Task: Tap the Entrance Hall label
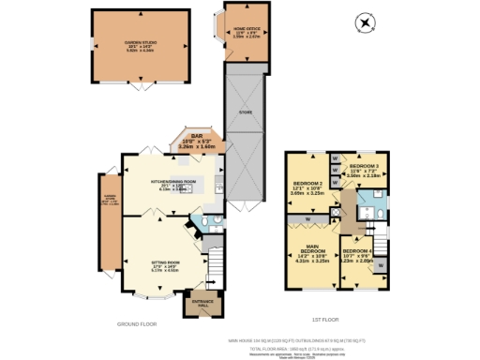pos(203,304)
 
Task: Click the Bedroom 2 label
pos(308,187)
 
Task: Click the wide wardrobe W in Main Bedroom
pos(309,221)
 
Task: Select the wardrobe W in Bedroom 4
pos(379,268)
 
